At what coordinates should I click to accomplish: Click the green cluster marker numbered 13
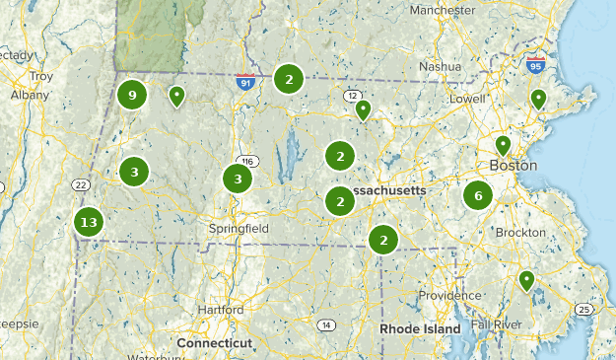click(x=89, y=222)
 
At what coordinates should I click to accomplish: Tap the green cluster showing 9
click(x=131, y=96)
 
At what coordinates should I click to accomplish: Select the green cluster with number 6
click(x=478, y=195)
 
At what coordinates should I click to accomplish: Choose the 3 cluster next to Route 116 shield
click(x=237, y=180)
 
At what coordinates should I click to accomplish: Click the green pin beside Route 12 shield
click(x=363, y=109)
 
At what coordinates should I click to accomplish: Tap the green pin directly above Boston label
click(x=503, y=146)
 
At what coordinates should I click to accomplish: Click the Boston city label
click(x=513, y=166)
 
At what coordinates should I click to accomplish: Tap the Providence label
click(x=449, y=296)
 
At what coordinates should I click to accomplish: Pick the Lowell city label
click(x=467, y=100)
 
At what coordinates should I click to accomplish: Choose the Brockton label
click(x=520, y=232)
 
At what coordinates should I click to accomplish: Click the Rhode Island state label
click(x=421, y=328)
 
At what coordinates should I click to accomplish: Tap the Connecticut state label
click(x=215, y=342)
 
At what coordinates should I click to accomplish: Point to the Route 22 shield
click(x=81, y=185)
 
